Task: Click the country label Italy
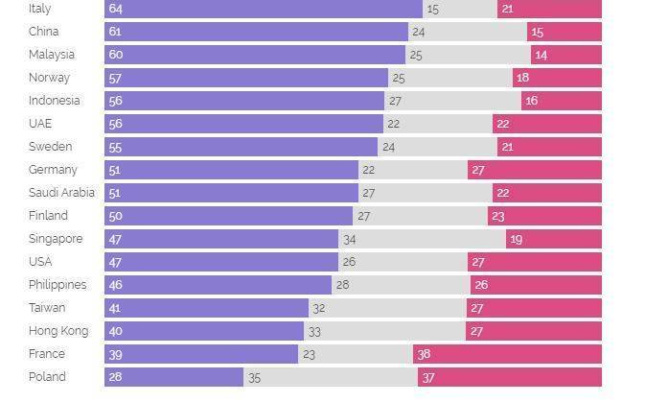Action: pos(39,9)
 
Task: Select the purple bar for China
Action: pos(259,32)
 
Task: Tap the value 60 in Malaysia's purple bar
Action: pos(116,55)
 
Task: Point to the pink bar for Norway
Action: pos(557,78)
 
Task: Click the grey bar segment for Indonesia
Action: pos(452,101)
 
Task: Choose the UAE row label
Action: pos(40,124)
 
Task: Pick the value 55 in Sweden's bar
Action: pos(116,147)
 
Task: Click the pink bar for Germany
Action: pos(535,170)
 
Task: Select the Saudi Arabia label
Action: pos(61,193)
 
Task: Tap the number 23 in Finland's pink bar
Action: pos(498,216)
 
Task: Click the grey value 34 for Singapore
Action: pos(350,239)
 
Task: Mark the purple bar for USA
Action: pos(220,262)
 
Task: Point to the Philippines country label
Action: pos(58,285)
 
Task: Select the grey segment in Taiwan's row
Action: pos(387,308)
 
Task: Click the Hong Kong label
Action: pos(58,331)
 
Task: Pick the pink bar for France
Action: pos(507,354)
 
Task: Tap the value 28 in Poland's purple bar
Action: pos(116,377)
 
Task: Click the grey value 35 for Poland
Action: pos(254,378)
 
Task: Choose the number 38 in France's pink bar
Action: pos(425,354)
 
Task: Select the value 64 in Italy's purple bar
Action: pos(116,9)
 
